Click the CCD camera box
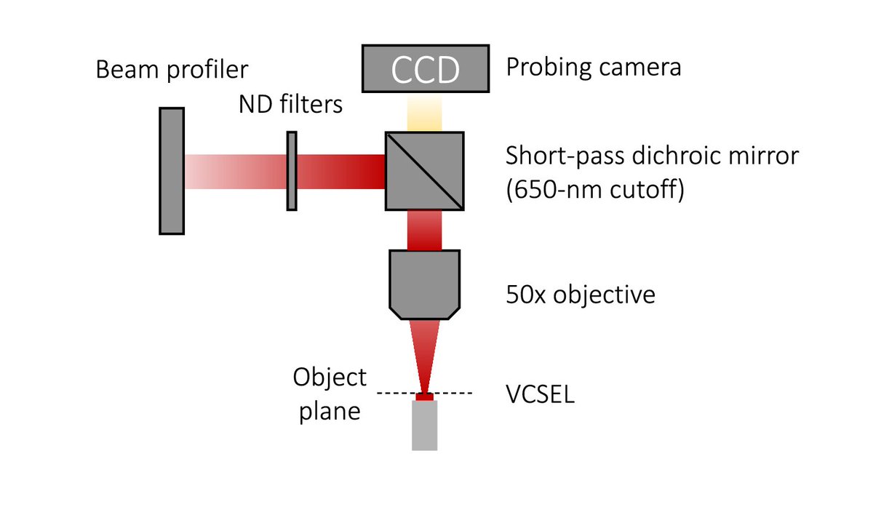[425, 70]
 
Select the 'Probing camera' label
[594, 68]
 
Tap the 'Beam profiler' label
[172, 70]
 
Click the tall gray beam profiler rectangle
[172, 171]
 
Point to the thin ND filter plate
[292, 171]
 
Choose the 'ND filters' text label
[290, 105]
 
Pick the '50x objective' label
[581, 295]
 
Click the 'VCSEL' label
[540, 397]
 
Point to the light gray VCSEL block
[425, 425]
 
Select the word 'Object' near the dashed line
[330, 378]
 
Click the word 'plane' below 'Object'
[327, 411]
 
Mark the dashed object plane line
[458, 394]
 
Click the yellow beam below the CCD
[425, 115]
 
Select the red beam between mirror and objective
[425, 230]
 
